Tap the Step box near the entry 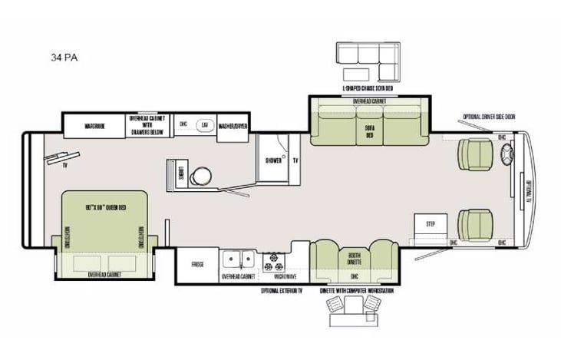[x=430, y=223]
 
